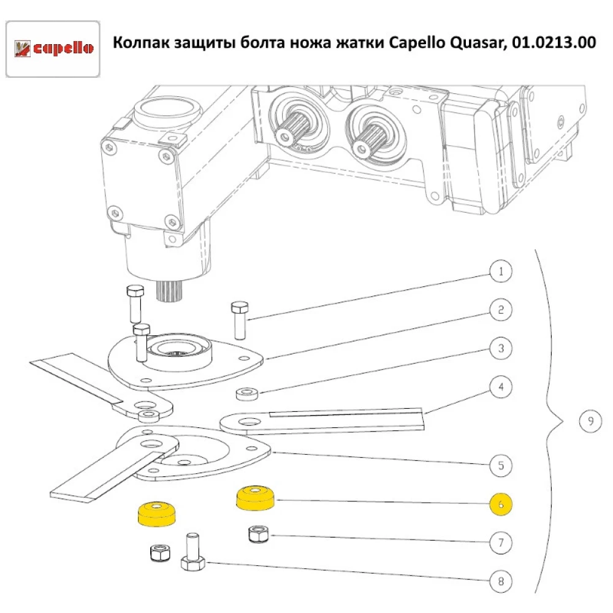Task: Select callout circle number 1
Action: pos(501,272)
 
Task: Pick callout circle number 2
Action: pos(501,310)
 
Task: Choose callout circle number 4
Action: pos(501,387)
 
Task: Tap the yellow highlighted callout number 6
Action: pos(501,504)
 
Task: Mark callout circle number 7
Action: pos(501,543)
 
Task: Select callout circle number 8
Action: pos(501,581)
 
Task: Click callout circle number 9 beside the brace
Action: pos(590,421)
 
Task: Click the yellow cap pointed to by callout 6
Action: pos(255,498)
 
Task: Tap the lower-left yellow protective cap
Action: pos(156,514)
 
